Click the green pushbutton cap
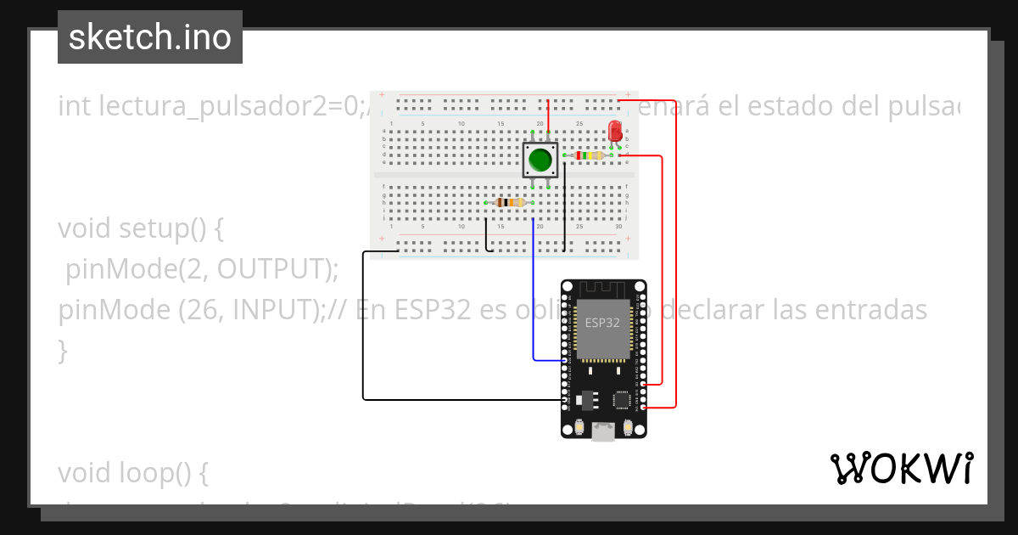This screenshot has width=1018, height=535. (x=540, y=159)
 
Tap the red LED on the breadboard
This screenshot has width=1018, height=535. (x=616, y=131)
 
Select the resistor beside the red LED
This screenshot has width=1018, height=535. (x=588, y=155)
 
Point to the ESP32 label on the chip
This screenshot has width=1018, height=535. (x=602, y=323)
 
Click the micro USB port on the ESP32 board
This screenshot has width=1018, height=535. (x=603, y=433)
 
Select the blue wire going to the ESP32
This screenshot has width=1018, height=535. (x=533, y=297)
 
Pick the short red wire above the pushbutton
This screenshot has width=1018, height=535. (x=548, y=115)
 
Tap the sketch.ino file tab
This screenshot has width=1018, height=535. (x=150, y=37)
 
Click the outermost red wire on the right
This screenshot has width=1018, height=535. (x=676, y=255)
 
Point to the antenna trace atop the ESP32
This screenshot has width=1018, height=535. (x=603, y=288)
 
